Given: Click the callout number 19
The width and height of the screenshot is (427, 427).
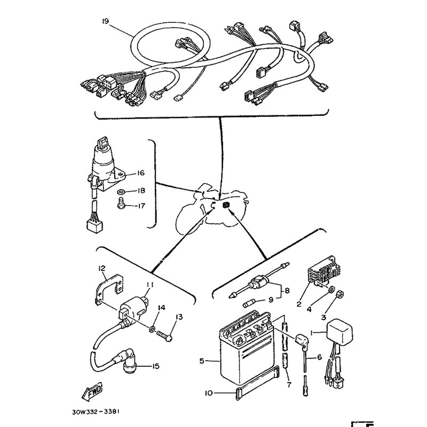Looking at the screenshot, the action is pyautogui.click(x=105, y=21).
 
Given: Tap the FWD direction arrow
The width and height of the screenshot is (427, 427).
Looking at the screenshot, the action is pyautogui.click(x=92, y=391).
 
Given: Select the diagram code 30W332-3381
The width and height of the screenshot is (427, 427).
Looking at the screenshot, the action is pyautogui.click(x=96, y=412).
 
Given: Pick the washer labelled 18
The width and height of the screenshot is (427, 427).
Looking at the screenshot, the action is pyautogui.click(x=121, y=192).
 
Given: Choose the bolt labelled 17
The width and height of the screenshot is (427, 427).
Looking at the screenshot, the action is pyautogui.click(x=121, y=206).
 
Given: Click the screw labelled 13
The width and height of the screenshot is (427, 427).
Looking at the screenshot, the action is pyautogui.click(x=164, y=335).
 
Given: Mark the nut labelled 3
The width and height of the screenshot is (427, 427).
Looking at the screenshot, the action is pyautogui.click(x=339, y=294).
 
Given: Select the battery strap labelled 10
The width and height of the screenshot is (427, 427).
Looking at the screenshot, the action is pyautogui.click(x=257, y=383).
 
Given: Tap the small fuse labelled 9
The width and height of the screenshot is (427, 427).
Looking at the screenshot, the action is pyautogui.click(x=250, y=304).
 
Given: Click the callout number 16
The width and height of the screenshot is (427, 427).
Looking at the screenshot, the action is pyautogui.click(x=141, y=173).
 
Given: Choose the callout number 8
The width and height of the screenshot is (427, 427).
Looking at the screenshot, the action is pyautogui.click(x=287, y=291).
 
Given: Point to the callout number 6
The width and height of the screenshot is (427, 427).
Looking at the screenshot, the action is pyautogui.click(x=319, y=357).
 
